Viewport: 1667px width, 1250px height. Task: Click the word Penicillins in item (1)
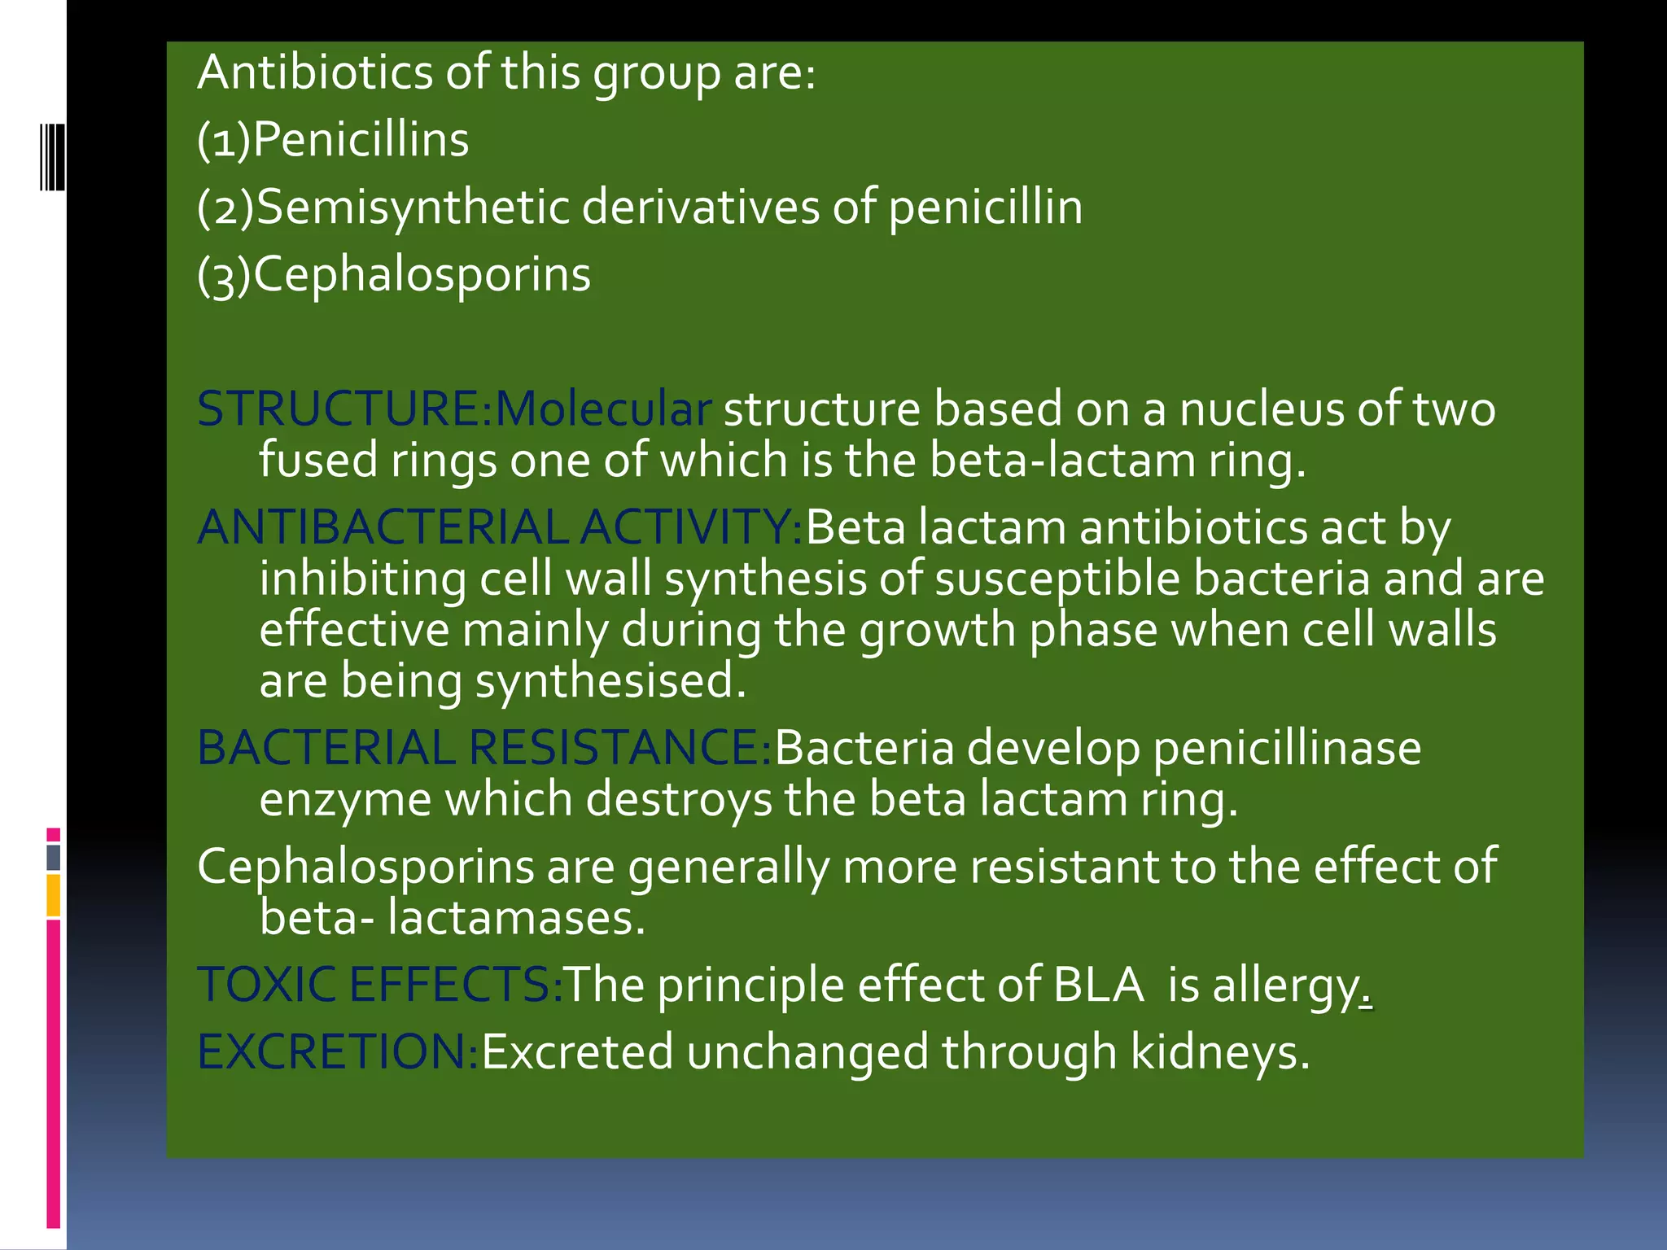pos(361,140)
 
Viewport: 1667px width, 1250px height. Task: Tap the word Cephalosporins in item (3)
pos(422,275)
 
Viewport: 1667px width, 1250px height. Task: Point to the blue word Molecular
pos(603,409)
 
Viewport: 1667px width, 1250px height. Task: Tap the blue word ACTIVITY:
pos(691,528)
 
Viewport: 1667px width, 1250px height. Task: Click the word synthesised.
pos(610,681)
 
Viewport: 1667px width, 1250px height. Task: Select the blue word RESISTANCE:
pos(619,749)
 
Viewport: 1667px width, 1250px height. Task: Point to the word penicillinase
pos(1287,749)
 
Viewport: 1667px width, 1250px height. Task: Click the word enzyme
pos(345,800)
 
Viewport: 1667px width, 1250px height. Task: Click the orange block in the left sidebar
pos(53,895)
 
